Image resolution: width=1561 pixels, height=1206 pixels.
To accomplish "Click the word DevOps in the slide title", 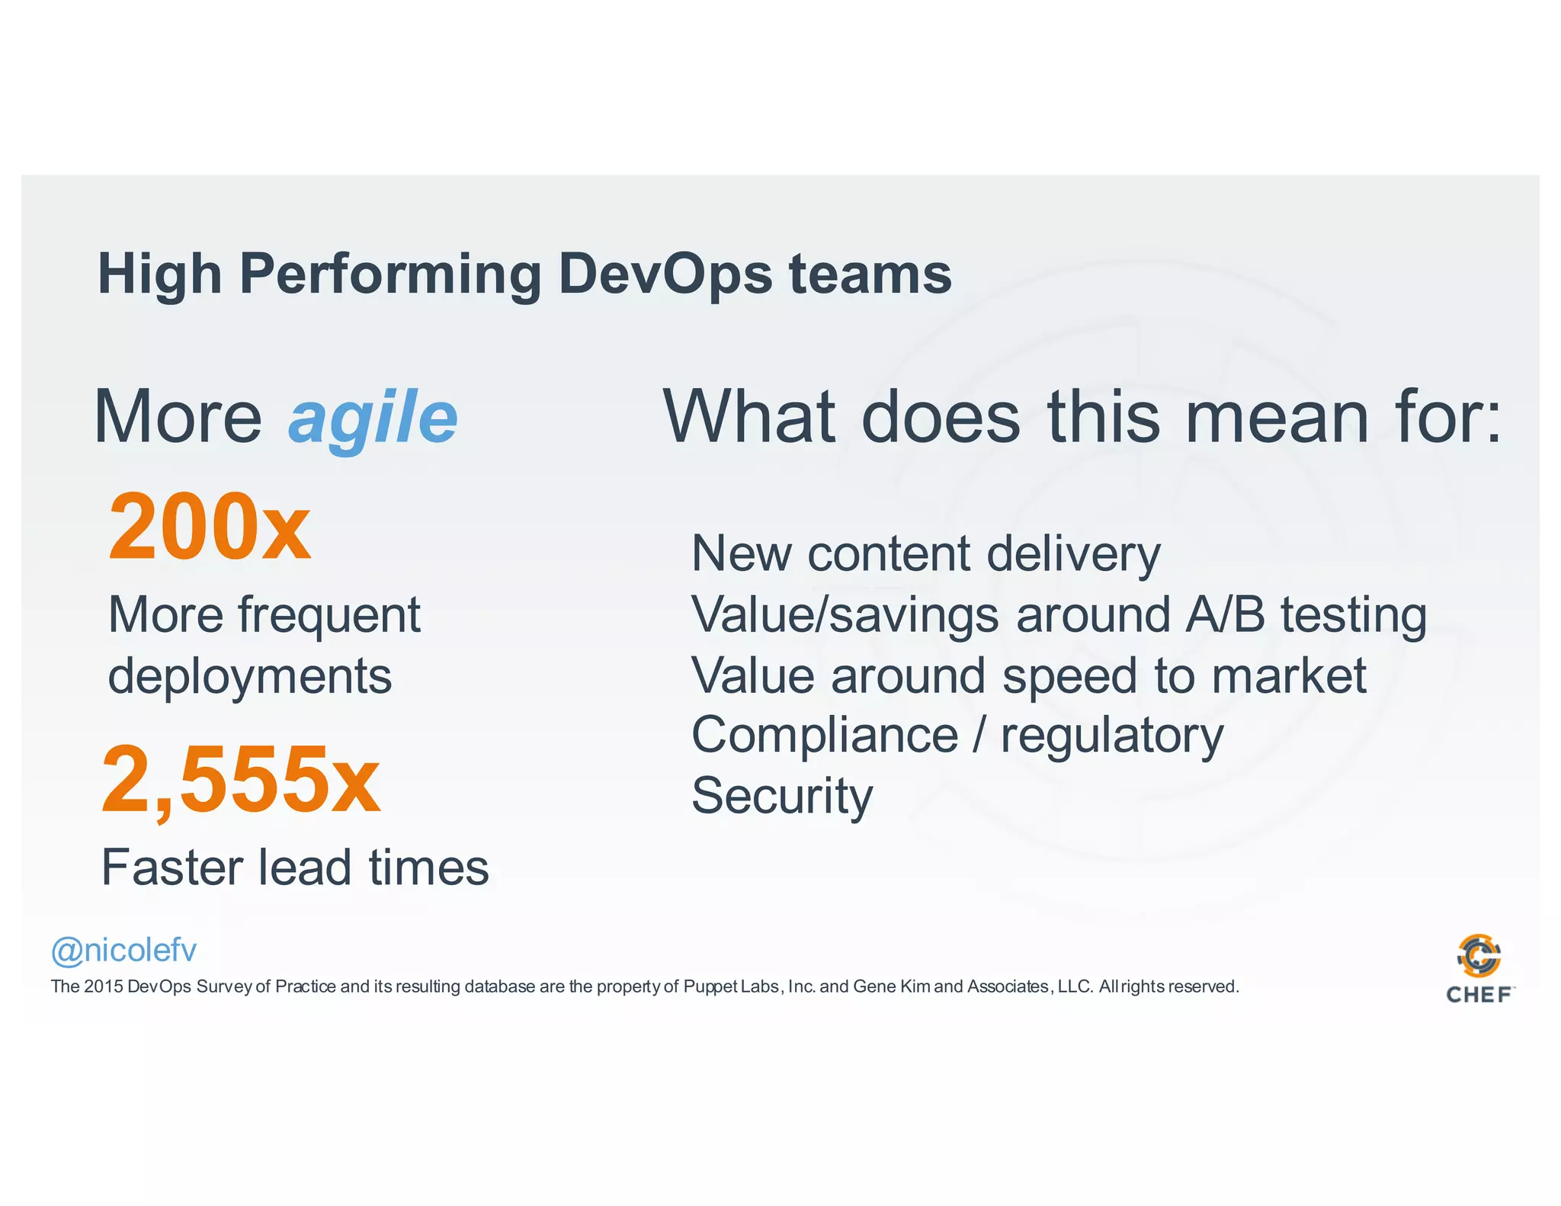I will tap(665, 274).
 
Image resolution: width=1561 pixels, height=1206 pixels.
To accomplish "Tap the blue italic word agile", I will tap(373, 418).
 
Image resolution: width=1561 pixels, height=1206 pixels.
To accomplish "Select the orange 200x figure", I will tap(210, 527).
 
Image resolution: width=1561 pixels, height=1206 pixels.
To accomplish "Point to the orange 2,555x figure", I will tap(240, 780).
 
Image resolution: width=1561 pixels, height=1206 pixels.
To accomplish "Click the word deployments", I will tap(250, 676).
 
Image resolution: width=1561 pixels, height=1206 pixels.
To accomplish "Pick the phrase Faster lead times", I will tap(295, 868).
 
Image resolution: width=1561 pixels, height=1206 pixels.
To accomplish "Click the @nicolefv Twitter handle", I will tap(123, 951).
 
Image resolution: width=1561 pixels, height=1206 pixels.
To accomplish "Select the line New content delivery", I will tap(925, 554).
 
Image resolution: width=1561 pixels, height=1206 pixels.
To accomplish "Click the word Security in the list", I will tap(782, 796).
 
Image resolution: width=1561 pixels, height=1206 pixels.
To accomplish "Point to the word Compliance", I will tap(825, 736).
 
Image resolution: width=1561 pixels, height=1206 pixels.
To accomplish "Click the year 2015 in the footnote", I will tap(103, 987).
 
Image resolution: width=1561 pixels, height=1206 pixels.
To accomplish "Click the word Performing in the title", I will tap(390, 274).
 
